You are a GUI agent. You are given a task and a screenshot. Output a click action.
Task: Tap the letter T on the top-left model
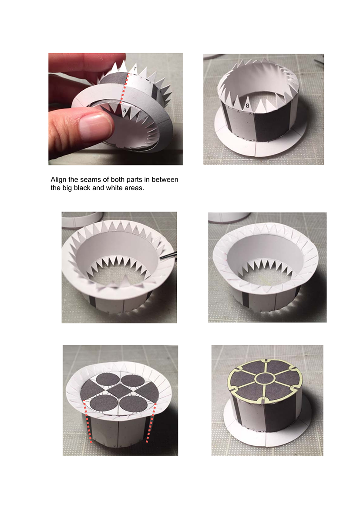(135, 69)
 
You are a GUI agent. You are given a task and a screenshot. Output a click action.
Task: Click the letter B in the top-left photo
(124, 111)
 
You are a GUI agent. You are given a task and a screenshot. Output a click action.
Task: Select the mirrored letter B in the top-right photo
(247, 105)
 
